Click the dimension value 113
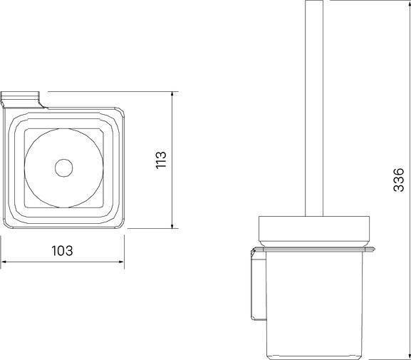click(161, 160)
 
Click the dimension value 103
click(62, 251)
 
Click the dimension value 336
click(399, 180)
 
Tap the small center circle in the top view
click(63, 168)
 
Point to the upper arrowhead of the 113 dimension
click(172, 95)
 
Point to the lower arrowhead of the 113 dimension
click(172, 226)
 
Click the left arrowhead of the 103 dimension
click(4, 262)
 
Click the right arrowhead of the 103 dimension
click(121, 262)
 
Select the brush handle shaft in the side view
click(314, 108)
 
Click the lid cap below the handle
click(314, 232)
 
